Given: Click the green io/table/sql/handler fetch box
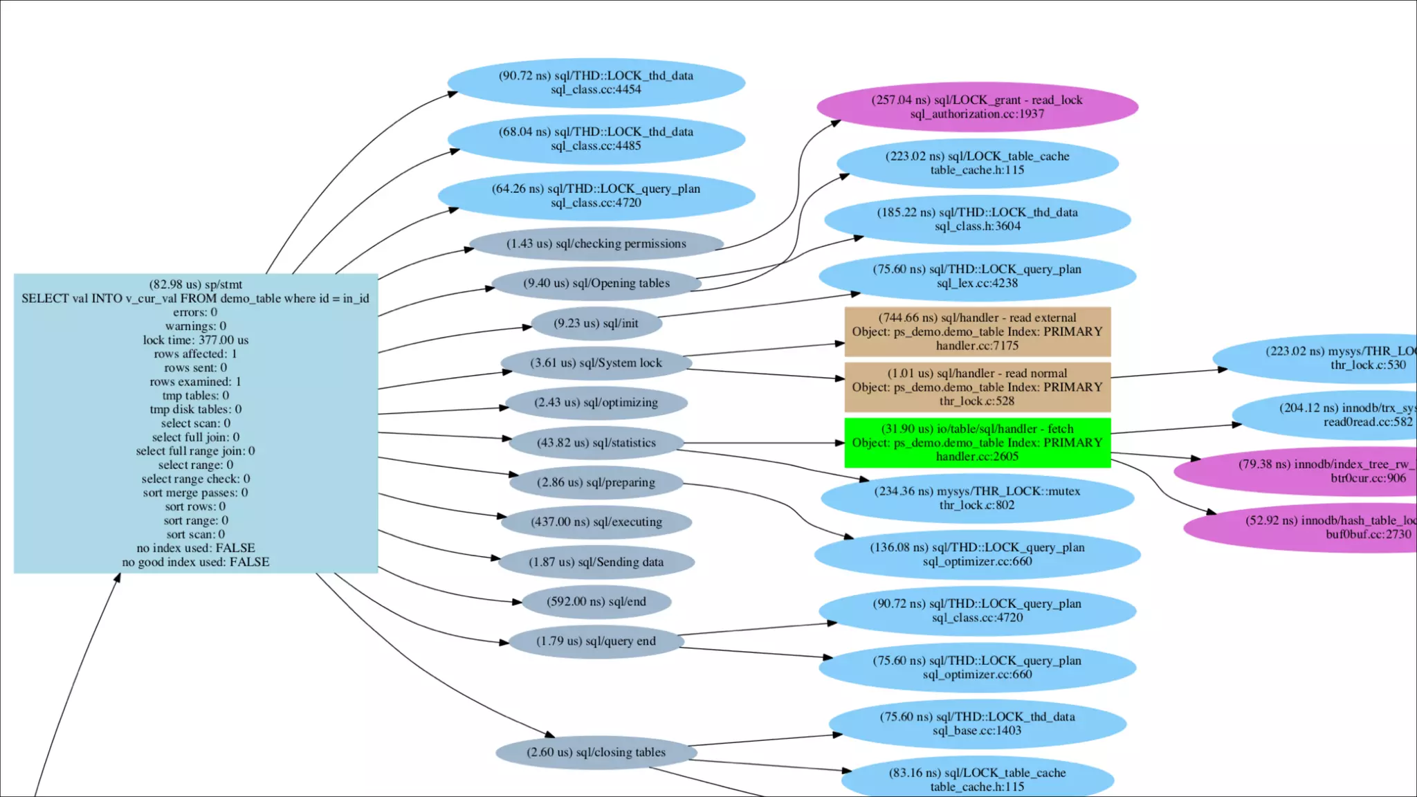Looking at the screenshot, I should click(977, 443).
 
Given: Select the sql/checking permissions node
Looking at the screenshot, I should click(596, 244).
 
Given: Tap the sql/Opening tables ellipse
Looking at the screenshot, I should click(596, 284).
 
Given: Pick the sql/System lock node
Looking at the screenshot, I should click(596, 363).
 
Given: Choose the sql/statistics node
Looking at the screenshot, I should click(596, 443).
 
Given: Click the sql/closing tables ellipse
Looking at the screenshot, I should click(596, 753).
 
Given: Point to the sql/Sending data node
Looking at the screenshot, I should click(596, 562).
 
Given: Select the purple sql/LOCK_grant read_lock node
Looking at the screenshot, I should click(977, 107).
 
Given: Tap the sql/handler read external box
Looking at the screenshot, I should click(977, 332).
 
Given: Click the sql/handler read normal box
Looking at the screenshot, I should click(977, 387).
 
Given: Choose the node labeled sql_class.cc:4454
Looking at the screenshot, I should click(596, 83).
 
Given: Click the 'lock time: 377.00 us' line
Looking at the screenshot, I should click(196, 340).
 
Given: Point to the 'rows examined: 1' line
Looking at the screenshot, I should click(196, 382).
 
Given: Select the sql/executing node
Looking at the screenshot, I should click(596, 522).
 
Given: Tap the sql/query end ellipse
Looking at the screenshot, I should click(596, 641).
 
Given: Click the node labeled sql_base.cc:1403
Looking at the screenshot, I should click(977, 724).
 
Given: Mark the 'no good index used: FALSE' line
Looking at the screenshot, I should click(196, 562).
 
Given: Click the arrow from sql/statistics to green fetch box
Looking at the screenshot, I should click(761, 443).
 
